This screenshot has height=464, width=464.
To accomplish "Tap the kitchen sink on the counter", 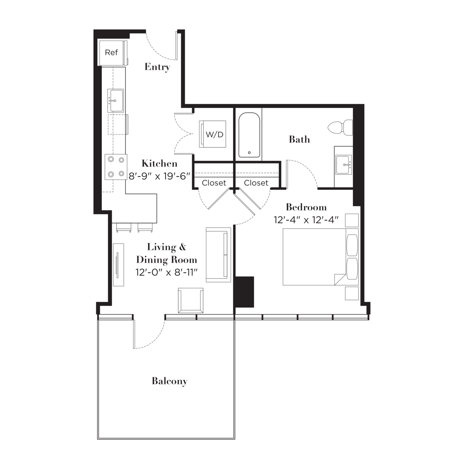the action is (x=116, y=100).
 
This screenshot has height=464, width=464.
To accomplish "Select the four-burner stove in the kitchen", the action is (x=116, y=167).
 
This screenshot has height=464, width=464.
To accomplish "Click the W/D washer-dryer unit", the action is (x=212, y=134).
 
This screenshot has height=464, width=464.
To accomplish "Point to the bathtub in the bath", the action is (x=249, y=135).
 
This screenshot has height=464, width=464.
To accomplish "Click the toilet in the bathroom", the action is (x=340, y=127).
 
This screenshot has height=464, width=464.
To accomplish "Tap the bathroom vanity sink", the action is (x=344, y=165).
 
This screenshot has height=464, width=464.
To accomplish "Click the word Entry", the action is (x=157, y=67).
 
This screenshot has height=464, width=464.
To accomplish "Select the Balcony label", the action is (x=169, y=381).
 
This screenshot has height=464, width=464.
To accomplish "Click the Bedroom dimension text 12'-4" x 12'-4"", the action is (x=306, y=220).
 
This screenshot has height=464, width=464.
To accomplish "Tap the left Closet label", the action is (x=214, y=183).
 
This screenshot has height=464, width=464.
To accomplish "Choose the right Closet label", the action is (x=256, y=183).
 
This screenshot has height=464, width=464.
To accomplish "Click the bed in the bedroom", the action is (x=321, y=257).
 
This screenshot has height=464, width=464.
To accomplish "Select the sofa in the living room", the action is (x=218, y=255).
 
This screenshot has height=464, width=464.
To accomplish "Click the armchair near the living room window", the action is (x=190, y=300).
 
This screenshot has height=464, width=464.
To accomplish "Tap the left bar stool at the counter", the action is (x=124, y=227).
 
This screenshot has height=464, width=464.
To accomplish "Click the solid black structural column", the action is (x=244, y=292).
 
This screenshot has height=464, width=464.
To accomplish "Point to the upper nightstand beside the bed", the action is (x=352, y=220).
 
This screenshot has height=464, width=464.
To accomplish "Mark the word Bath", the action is (x=299, y=139).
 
